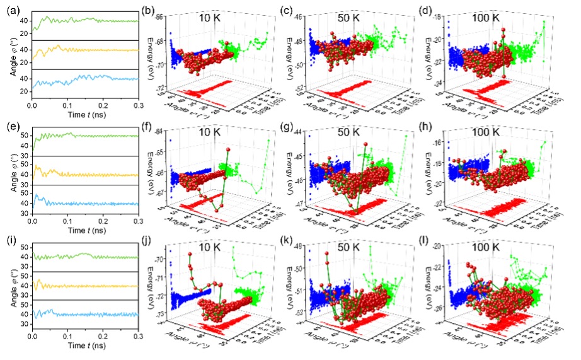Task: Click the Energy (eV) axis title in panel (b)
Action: tap(149, 52)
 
